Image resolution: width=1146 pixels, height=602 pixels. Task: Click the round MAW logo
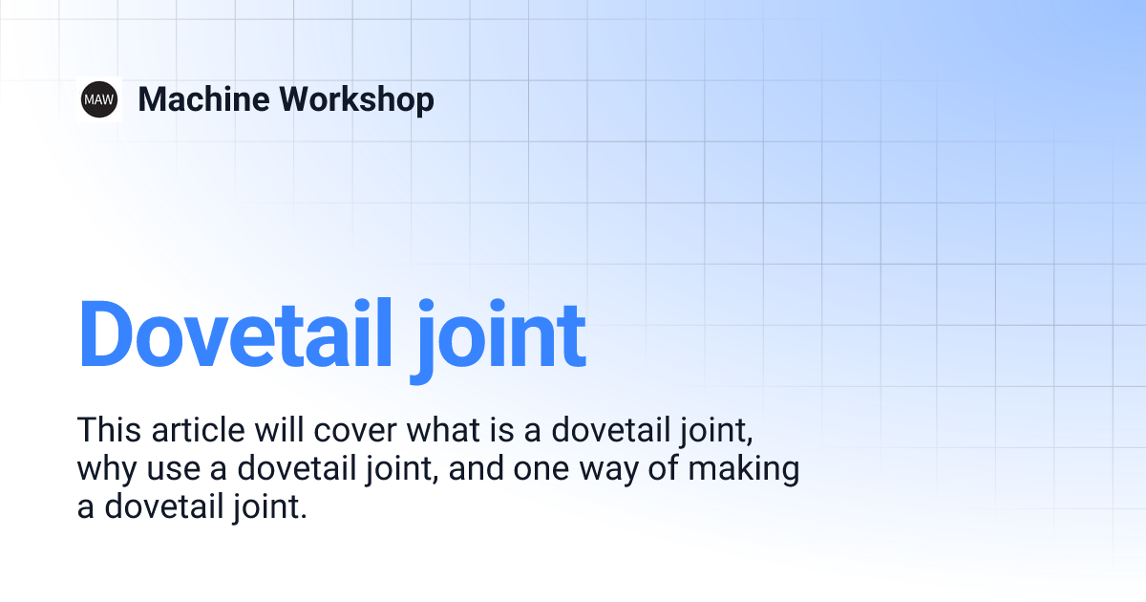coord(99,99)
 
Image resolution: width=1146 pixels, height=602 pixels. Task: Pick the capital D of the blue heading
coord(111,334)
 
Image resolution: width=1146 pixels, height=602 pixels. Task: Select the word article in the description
coord(195,430)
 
